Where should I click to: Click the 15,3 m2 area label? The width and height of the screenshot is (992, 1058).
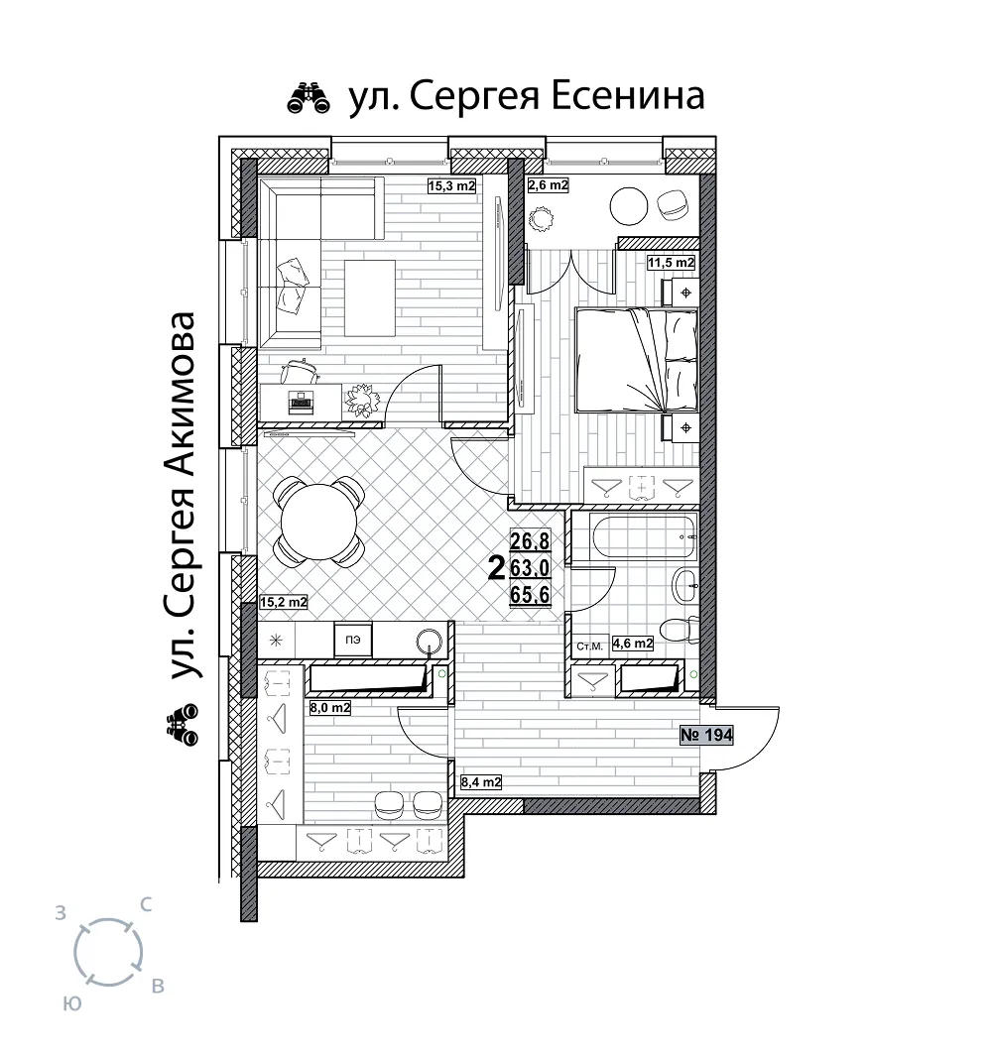(x=451, y=186)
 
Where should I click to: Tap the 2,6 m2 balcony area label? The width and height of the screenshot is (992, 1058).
(x=548, y=184)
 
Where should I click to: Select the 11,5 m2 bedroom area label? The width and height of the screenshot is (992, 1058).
(x=671, y=263)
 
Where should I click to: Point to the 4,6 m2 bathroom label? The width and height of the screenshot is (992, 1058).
(x=632, y=644)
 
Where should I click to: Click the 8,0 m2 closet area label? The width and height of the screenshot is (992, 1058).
(x=330, y=709)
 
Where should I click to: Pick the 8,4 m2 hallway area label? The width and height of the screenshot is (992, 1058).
(x=480, y=782)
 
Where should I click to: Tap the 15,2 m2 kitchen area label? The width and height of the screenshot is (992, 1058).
(x=284, y=603)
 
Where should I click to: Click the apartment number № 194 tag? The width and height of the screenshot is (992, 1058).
(x=706, y=735)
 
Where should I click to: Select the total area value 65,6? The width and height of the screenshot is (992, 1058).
(x=530, y=595)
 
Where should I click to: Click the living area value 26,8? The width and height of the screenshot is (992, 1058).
(x=530, y=540)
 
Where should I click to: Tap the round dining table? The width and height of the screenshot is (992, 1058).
(x=318, y=523)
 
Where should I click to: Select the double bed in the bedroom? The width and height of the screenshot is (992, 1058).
(x=636, y=360)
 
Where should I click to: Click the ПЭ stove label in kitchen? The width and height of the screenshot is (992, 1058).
(x=352, y=640)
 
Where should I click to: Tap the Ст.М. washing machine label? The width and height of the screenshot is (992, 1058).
(x=589, y=647)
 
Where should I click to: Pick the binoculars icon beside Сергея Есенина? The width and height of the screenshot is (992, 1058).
(x=309, y=97)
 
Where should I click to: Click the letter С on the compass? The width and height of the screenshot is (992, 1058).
(x=145, y=904)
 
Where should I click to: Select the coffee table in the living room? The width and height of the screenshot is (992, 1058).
(x=370, y=298)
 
